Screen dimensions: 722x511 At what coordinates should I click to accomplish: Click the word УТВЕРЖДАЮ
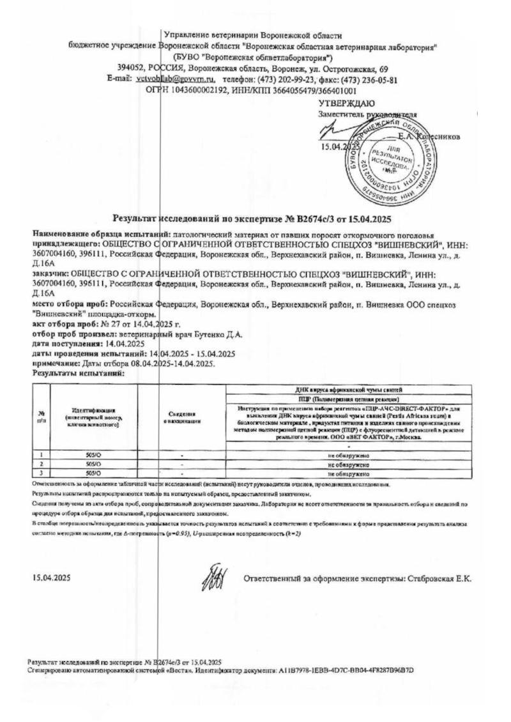click(x=347, y=103)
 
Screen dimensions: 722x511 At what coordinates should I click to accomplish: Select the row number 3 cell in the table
click(x=41, y=474)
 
